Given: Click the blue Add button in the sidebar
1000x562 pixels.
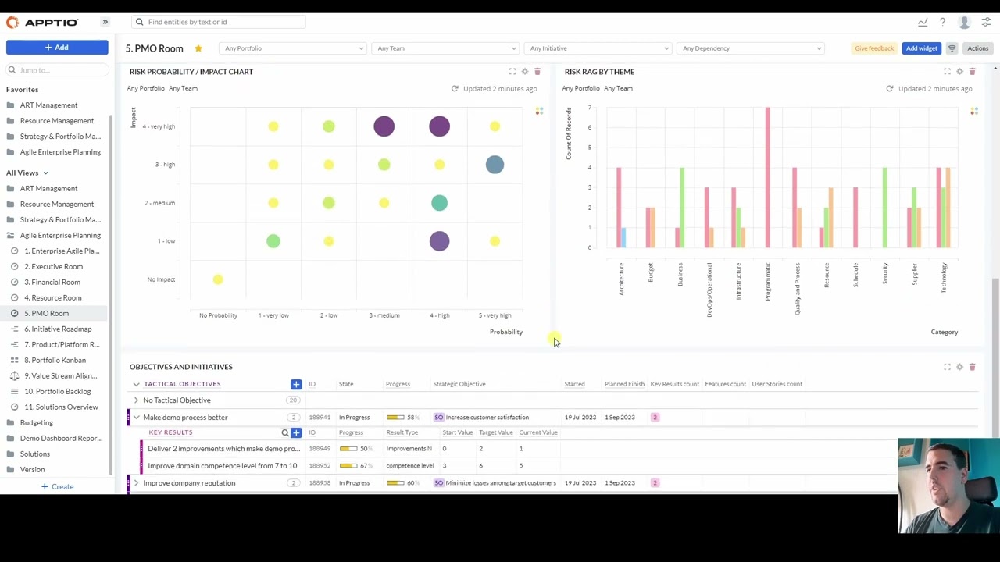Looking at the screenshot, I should coord(57,48).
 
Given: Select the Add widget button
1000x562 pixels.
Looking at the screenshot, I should coord(921,48).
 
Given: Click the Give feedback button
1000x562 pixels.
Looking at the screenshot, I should coord(873,48).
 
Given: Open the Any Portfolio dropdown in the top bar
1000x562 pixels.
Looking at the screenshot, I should coord(293,48).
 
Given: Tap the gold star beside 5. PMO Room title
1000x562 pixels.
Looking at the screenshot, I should coord(198,48).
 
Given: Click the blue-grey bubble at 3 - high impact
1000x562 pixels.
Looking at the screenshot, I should coord(495,165).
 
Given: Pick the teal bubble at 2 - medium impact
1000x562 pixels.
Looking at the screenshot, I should coord(439,203).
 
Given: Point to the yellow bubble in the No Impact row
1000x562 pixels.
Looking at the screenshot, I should coord(218,279).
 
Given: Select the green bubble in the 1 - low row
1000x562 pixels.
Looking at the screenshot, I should coord(273,241).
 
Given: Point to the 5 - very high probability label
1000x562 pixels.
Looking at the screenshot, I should coord(495,315).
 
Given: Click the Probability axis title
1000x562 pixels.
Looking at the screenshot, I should coord(505,332).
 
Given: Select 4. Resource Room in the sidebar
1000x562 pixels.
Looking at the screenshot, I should coord(52,297).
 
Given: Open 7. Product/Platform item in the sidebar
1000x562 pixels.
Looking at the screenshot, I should coord(61,344).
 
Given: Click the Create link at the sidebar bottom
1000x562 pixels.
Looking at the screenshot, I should coord(62,486).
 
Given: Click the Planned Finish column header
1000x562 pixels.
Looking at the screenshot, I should coord(623,384).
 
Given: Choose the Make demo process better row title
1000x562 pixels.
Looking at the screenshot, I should coord(185,417).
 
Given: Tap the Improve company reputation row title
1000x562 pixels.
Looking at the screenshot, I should coord(189,483).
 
